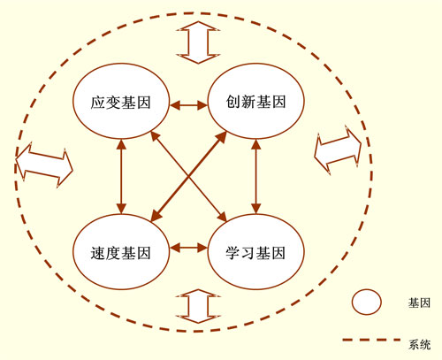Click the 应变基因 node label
coord(120,103)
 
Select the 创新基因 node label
coord(255,102)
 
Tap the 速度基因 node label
coord(120,253)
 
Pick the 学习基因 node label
coord(255,253)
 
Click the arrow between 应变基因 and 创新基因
coord(188,104)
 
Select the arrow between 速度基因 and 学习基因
coord(188,247)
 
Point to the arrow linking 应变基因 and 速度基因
coord(121,176)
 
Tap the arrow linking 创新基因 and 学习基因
coord(255,176)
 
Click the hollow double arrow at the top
coord(198,42)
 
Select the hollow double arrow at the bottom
coord(198,306)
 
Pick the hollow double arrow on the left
coord(44,165)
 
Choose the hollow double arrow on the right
coord(338,149)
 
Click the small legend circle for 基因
coord(366,302)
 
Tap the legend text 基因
coord(419,303)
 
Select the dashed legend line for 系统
coord(371,340)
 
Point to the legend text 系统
coord(419,344)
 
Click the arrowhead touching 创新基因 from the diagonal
coord(222,137)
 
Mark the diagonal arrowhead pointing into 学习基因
coord(222,216)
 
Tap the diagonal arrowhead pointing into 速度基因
coord(156,216)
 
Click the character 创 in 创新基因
coord(233,102)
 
